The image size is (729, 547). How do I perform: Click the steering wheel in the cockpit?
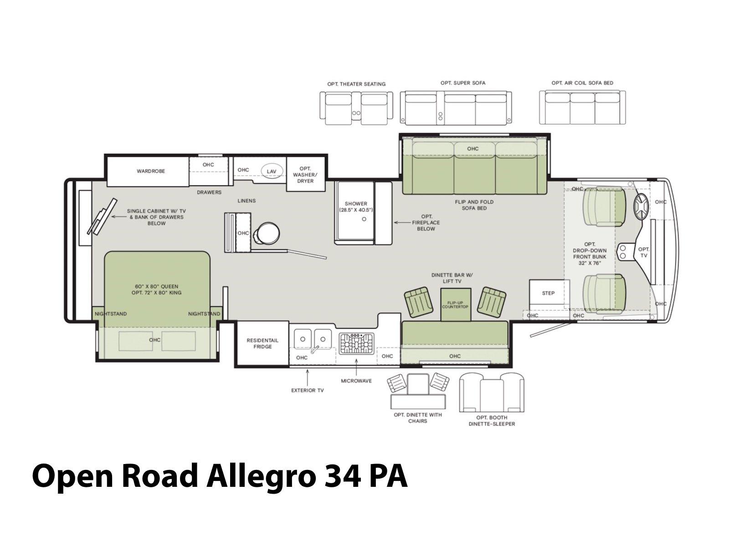tap(641, 206)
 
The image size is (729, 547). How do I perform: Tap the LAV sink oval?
tap(272, 171)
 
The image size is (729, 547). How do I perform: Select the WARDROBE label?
tap(151, 171)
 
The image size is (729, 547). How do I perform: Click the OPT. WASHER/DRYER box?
tap(306, 174)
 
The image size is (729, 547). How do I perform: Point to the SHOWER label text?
tap(356, 204)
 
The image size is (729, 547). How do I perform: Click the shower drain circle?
tap(364, 219)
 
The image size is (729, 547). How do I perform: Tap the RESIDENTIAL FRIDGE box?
tap(262, 343)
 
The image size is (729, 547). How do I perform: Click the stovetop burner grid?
tap(356, 343)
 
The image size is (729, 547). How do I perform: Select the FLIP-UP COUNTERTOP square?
tap(455, 304)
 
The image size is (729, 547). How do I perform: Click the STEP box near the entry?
tap(548, 293)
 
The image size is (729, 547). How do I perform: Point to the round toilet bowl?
tap(268, 233)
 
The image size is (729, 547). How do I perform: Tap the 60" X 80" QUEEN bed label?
tap(156, 286)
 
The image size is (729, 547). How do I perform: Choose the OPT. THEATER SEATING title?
tap(356, 84)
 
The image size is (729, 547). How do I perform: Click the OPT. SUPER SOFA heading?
tap(463, 83)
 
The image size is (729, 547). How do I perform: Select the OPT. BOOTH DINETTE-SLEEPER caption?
tap(492, 420)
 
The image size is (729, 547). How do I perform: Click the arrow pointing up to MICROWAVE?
tap(356, 366)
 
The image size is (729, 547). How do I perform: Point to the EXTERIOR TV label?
tap(307, 390)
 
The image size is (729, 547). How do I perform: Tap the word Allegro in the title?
tap(261, 477)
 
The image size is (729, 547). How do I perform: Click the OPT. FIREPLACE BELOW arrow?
tap(402, 222)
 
